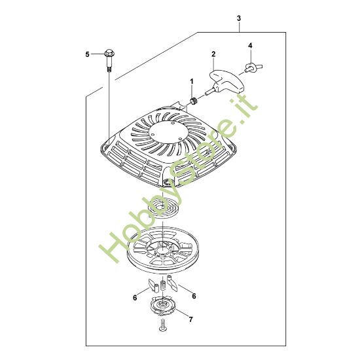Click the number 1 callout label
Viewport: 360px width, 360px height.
(192, 81)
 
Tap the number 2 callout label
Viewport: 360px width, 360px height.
(213, 54)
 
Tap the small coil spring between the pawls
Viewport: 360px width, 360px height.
(164, 285)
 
